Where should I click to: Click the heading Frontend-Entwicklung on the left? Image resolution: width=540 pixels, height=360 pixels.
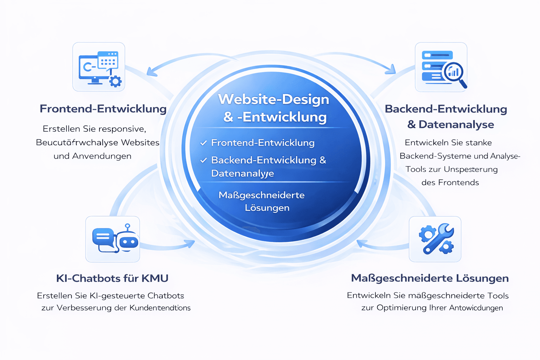[103, 109]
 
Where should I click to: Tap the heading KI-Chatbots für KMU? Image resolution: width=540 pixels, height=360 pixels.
[112, 278]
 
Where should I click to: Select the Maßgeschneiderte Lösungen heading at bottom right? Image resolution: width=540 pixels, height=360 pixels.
[430, 278]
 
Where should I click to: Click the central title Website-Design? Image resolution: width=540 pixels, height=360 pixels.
[274, 99]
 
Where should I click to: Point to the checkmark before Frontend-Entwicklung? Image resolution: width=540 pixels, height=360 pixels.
[203, 143]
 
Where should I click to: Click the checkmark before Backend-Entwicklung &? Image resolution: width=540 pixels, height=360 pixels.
[203, 160]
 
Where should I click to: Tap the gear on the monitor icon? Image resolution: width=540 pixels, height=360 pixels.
[115, 81]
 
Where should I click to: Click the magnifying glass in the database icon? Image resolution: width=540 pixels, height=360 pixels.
[455, 73]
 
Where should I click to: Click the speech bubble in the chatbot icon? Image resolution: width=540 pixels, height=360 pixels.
[103, 237]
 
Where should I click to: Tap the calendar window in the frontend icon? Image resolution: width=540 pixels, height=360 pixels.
[108, 60]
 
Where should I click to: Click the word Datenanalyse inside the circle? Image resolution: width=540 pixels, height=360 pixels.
[242, 173]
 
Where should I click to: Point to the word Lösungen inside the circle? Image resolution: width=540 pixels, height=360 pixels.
[267, 208]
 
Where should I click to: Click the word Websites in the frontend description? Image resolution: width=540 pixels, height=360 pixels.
[140, 142]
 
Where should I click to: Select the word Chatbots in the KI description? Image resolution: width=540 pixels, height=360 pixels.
[166, 295]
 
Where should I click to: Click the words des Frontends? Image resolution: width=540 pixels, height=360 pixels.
[450, 182]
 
